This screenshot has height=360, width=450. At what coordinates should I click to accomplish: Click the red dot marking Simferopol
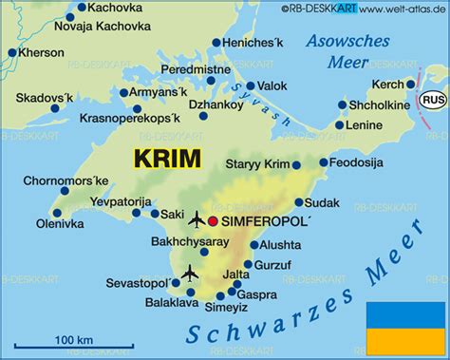pos(214,221)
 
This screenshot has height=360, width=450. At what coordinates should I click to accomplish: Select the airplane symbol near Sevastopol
pos(188,274)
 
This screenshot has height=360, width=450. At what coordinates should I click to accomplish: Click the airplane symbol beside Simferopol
pos(197,221)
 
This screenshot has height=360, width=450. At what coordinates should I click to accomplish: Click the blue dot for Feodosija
pos(324,163)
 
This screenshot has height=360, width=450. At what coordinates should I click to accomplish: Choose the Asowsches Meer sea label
pos(347,52)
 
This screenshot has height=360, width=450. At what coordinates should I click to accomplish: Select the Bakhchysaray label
pos(190,242)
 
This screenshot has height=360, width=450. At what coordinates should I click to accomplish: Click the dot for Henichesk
pos(216,43)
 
